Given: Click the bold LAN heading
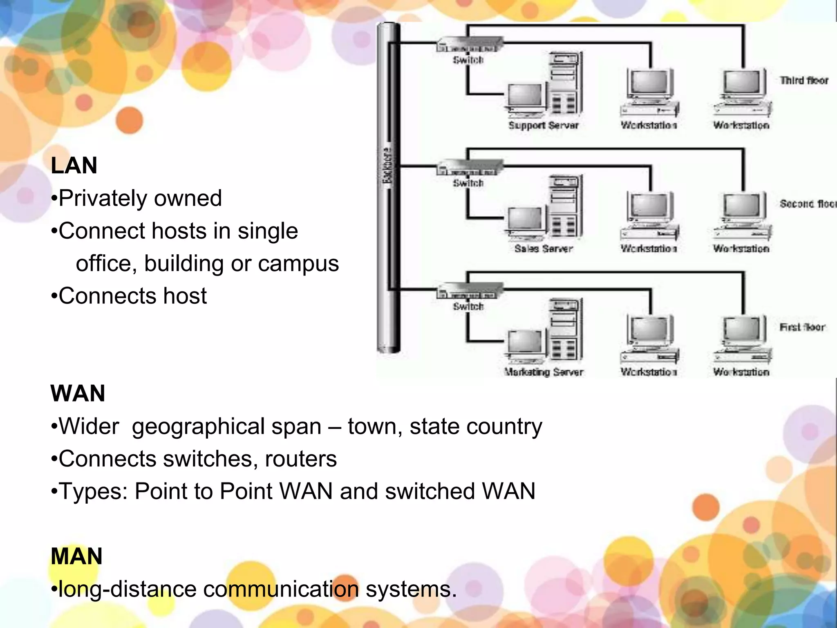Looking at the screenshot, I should point(74,166).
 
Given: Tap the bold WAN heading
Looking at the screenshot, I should point(78,393).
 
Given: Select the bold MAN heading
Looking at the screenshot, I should point(76,556).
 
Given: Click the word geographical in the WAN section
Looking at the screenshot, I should point(198,427).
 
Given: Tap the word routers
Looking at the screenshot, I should point(301,459).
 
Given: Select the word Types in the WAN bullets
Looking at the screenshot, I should point(92,491).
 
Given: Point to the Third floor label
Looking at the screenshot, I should point(804,81).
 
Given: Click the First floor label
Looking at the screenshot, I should point(802,327).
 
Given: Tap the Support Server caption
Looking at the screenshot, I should point(543,126).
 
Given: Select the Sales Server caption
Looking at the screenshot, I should point(543,249).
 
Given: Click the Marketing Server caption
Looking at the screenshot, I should point(543,372).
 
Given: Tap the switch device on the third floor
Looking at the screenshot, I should point(469,45).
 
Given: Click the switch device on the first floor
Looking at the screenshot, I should point(469,291).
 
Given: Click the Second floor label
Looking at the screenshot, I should point(808,204).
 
